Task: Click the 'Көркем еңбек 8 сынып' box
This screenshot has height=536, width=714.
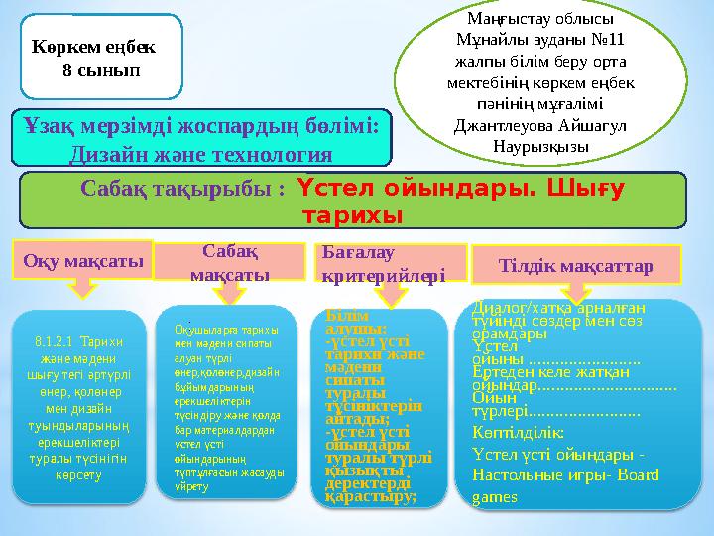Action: pos(100,58)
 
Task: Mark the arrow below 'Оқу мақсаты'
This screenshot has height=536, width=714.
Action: pos(84,288)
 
